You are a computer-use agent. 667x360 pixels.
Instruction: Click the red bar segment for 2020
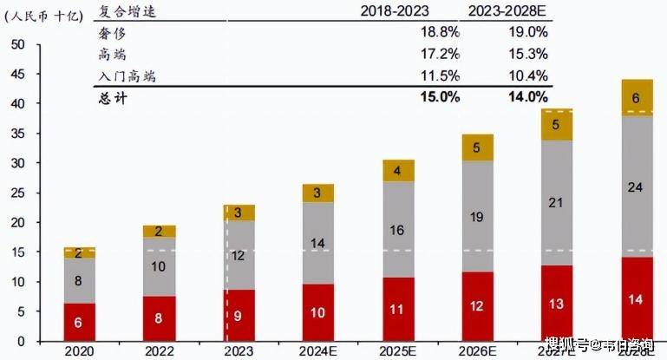click(x=79, y=322)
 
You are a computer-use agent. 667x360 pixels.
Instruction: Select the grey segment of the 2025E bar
click(x=397, y=231)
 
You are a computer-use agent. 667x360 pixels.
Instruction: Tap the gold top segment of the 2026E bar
click(x=477, y=147)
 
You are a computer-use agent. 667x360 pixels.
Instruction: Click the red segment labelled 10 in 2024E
click(x=317, y=312)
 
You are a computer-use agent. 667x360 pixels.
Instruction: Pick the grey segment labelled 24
click(x=637, y=186)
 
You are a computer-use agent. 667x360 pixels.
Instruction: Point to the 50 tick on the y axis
click(x=17, y=44)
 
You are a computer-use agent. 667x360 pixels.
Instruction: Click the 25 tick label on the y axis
click(x=17, y=193)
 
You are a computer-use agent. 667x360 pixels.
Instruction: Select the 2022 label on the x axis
click(x=159, y=350)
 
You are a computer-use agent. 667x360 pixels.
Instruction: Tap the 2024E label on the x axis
click(x=317, y=350)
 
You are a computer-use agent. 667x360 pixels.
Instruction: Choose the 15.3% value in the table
click(x=528, y=55)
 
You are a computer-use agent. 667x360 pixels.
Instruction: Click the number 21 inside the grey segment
click(x=557, y=203)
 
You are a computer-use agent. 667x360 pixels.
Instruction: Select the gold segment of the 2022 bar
click(x=159, y=232)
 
